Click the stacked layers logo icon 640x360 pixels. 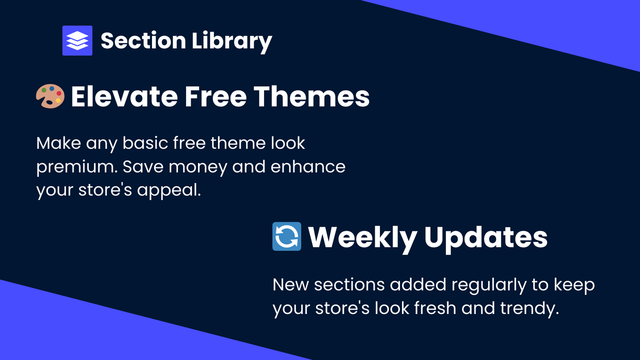[x=77, y=40]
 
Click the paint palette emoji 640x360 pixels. [x=50, y=96]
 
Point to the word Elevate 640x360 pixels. [x=123, y=96]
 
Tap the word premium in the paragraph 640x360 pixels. [x=74, y=167]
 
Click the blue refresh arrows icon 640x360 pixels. [x=286, y=236]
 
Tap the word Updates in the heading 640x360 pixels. [x=486, y=237]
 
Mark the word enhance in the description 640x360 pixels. [x=308, y=166]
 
